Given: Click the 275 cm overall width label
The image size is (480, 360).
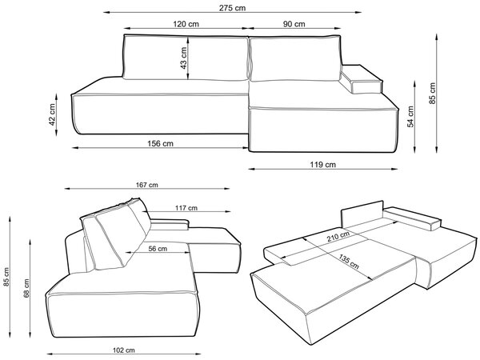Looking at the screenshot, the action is pos(232,8).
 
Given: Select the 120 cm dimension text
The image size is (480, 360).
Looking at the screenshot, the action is pos(186,24).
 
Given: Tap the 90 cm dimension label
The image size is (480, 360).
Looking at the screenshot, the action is pos(294,24).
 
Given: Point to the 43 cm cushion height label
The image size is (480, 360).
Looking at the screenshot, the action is pos(183,58).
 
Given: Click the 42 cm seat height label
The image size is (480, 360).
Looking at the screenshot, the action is pos(52,114).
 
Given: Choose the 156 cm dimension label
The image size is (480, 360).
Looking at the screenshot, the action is pos(160,143).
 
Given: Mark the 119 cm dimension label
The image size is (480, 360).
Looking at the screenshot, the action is pos(322,165).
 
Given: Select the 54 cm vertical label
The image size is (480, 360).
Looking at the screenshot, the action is pos(410,117).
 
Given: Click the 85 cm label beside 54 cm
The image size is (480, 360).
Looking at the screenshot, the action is pos(432,94).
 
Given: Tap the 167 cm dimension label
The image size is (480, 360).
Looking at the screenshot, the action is pos(147,185).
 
